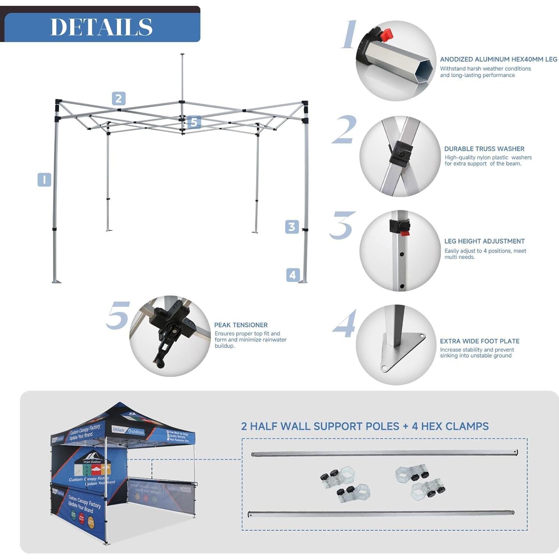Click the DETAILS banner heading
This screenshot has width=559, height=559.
(101, 27)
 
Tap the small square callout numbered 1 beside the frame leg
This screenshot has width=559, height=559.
(44, 180)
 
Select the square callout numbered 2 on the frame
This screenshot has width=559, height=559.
(118, 99)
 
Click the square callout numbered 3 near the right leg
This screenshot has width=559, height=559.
(292, 227)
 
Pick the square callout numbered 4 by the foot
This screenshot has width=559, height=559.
(293, 275)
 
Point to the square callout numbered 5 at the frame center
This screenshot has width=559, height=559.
(194, 122)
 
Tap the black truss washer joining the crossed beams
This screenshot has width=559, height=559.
(401, 153)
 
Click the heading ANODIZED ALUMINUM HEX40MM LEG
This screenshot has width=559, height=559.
(498, 59)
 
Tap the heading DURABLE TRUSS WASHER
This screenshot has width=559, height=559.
(484, 149)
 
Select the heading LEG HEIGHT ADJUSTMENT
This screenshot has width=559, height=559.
(484, 241)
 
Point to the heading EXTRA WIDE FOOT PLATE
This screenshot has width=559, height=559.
(479, 341)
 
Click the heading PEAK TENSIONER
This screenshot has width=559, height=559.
(241, 325)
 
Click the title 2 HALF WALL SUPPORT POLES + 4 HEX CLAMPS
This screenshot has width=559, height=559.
(364, 426)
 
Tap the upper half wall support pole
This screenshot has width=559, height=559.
(384, 453)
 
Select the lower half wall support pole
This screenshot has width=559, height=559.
(381, 513)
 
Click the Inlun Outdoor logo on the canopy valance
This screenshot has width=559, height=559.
(128, 431)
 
